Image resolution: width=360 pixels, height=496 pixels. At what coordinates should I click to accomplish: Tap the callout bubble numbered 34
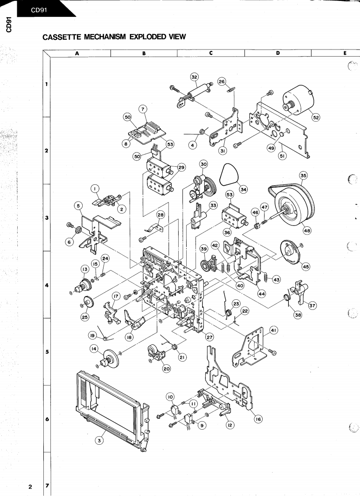(x=243, y=189)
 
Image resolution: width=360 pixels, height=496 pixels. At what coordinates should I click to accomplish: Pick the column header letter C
(x=211, y=53)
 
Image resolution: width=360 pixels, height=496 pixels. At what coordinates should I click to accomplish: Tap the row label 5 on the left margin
(x=47, y=352)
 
